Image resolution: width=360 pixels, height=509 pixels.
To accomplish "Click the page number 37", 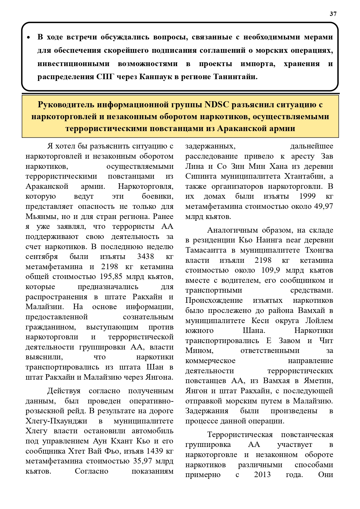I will tap(333, 14).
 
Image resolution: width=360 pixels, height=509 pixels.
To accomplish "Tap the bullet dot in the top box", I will tap(28, 38).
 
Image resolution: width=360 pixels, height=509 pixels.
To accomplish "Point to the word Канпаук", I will tap(157, 77).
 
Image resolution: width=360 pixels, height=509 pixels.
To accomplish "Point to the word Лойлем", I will tap(319, 320).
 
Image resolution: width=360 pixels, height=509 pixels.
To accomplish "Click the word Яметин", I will tap(320, 381).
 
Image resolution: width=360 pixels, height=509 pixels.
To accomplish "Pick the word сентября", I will tap(42, 257).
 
